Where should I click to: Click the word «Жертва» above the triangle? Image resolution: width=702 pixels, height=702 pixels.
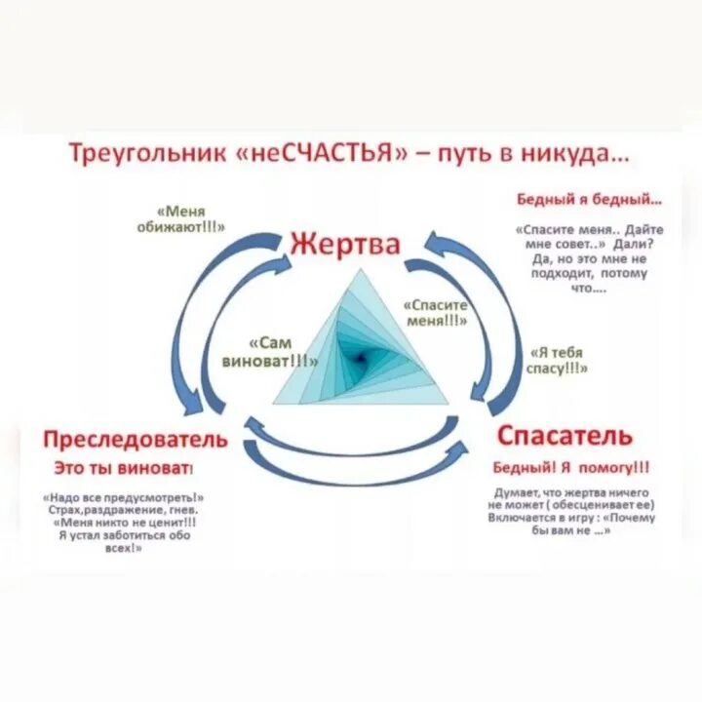pos(343,244)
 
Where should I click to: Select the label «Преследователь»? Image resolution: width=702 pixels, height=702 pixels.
pos(136,439)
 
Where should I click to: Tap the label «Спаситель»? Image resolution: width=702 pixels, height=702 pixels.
pos(564,435)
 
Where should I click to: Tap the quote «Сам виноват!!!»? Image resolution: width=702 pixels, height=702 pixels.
pos(284,352)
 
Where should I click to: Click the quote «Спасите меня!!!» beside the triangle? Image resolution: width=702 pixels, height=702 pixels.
pos(436,311)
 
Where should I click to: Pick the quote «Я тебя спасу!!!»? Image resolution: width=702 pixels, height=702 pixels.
pos(557,360)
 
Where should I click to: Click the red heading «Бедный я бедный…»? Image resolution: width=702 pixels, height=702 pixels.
pos(588,200)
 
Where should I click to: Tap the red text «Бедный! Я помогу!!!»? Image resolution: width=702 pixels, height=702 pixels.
pos(571,466)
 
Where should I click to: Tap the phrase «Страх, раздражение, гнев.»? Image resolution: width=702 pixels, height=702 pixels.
pos(129,510)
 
